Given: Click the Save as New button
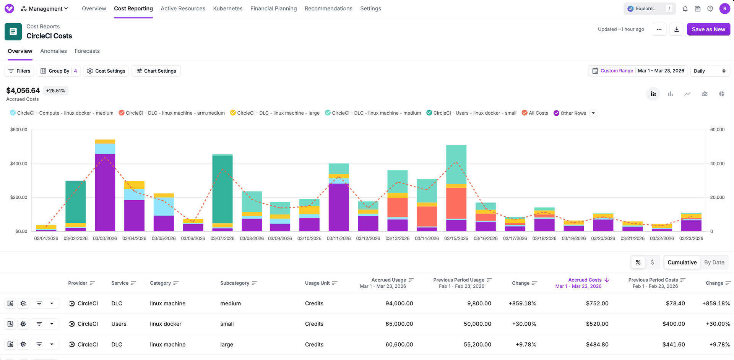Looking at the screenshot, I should [x=708, y=29].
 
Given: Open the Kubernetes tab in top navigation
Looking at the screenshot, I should [x=227, y=8].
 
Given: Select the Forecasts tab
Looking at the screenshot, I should [x=87, y=51].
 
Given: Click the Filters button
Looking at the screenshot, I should [x=19, y=71].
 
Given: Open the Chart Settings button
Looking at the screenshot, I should [x=156, y=71].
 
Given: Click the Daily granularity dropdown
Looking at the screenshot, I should [x=710, y=71].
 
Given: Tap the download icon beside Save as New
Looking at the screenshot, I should [x=676, y=29].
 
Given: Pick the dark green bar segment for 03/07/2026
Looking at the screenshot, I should [x=222, y=189].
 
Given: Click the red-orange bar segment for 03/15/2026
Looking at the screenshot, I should [x=456, y=203].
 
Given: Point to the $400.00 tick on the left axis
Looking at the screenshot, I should [x=19, y=164].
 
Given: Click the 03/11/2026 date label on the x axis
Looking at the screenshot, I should [x=339, y=238].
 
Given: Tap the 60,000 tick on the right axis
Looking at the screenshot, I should [x=717, y=130].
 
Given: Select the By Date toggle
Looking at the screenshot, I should [x=714, y=262].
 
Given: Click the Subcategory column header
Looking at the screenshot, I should [x=235, y=283].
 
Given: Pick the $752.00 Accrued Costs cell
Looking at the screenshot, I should [x=597, y=303].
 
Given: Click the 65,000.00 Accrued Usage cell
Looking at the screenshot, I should [x=399, y=324].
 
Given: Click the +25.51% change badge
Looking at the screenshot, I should [x=55, y=91].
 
